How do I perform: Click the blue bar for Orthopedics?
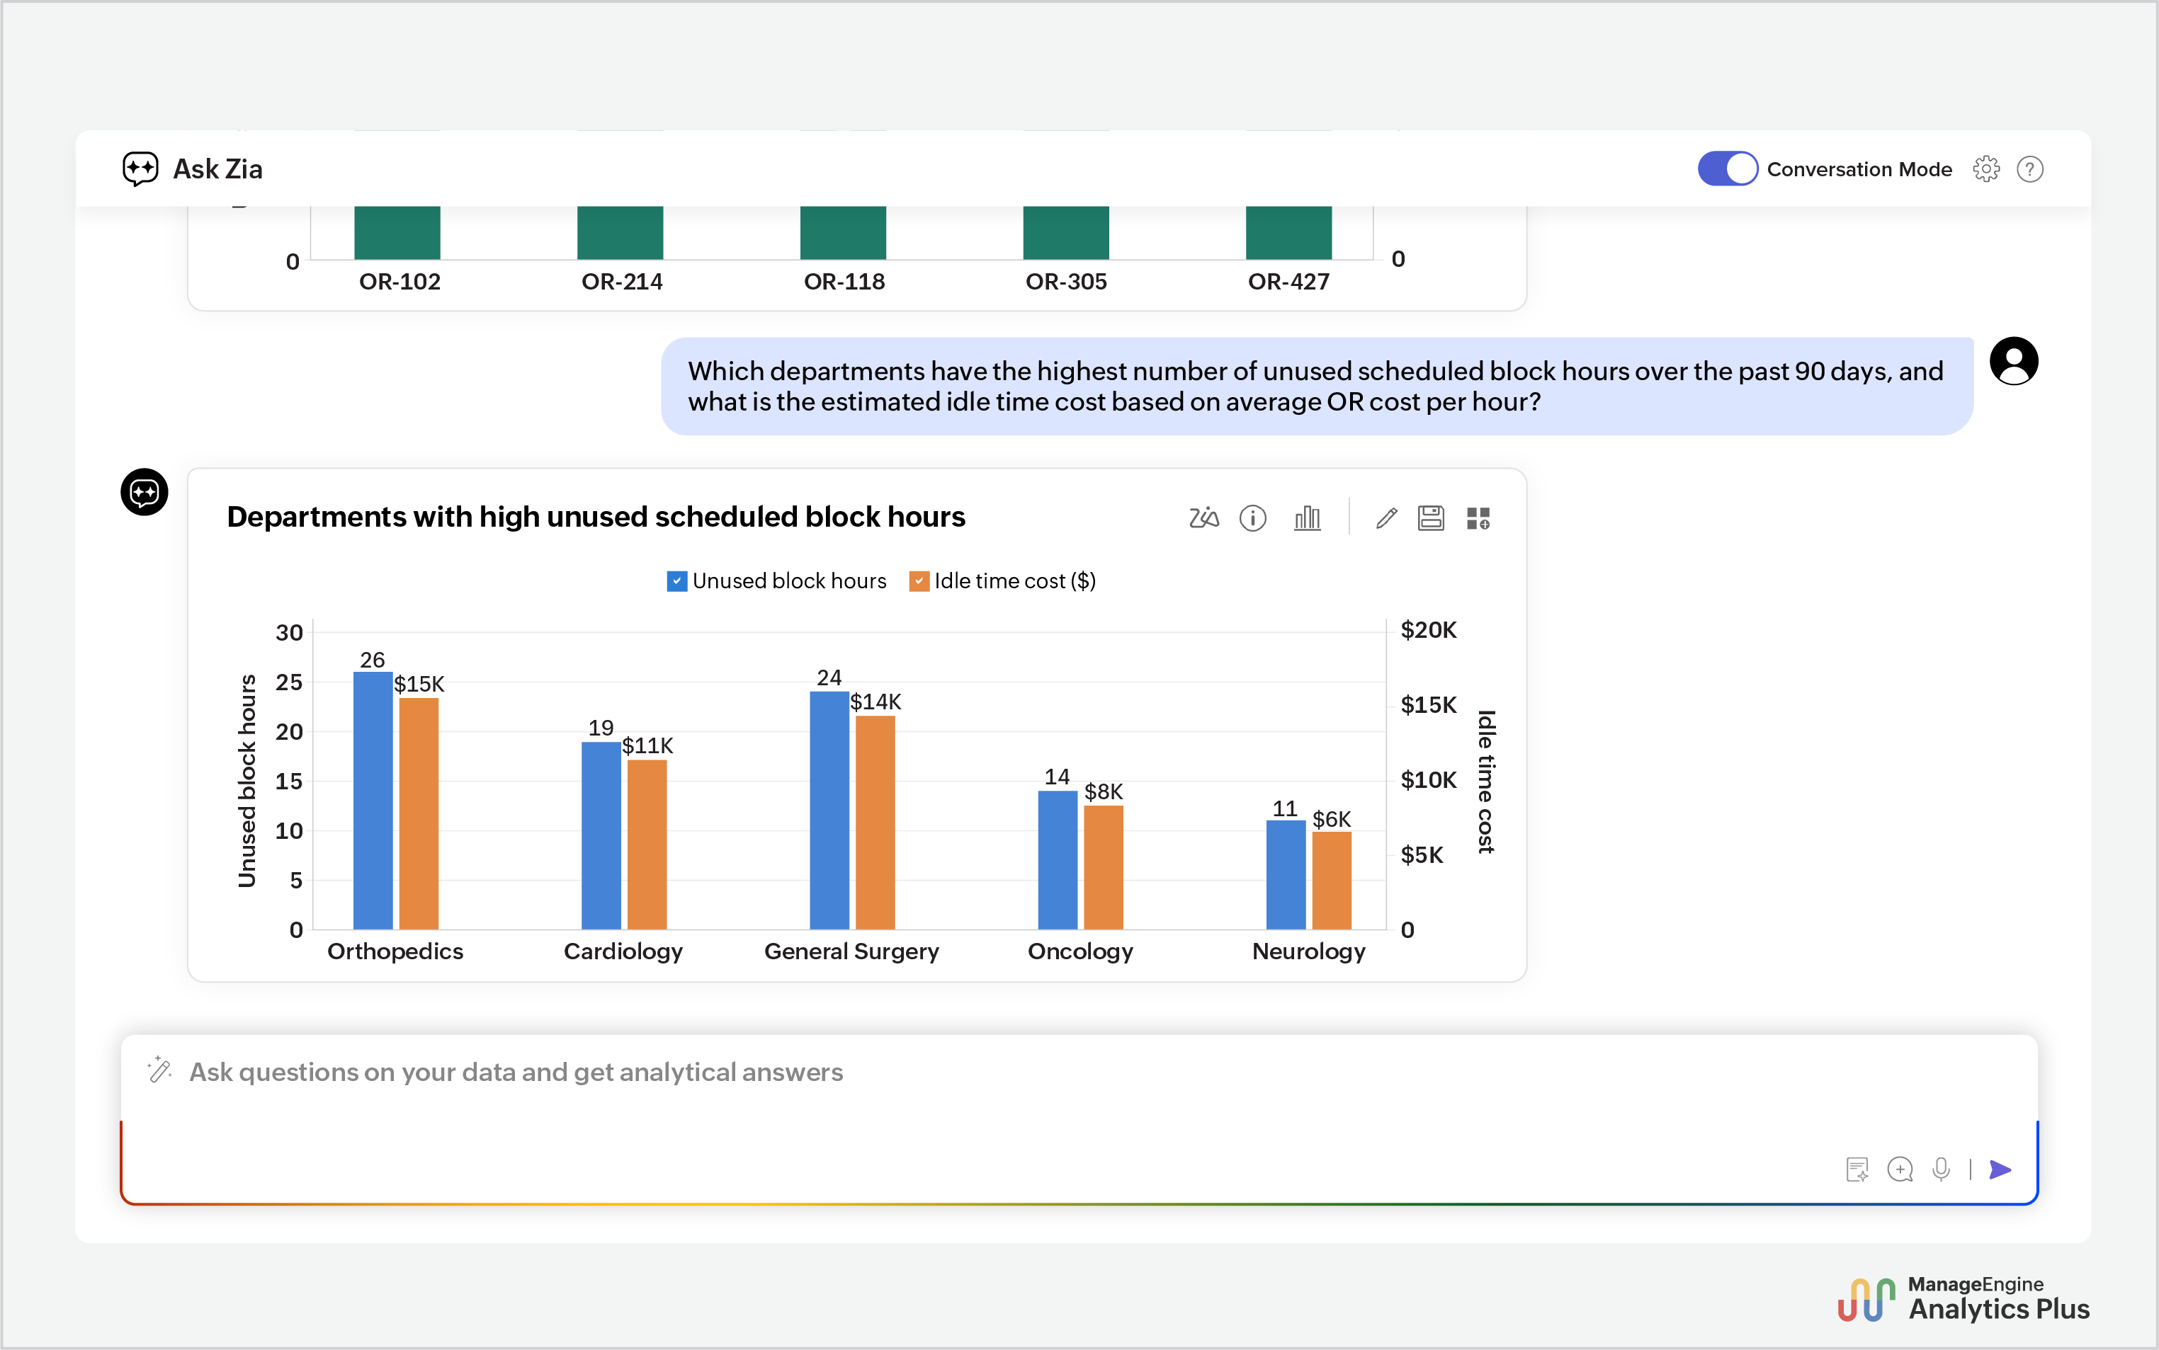click(373, 800)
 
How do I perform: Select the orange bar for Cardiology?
click(647, 845)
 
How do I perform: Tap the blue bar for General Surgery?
click(829, 811)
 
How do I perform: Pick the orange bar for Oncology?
click(1103, 867)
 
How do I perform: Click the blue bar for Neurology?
click(1286, 875)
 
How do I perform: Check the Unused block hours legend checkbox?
click(677, 581)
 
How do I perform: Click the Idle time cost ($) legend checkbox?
click(919, 581)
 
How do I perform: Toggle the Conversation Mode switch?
click(1728, 168)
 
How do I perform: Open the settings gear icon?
click(1985, 168)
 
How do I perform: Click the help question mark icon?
click(2030, 168)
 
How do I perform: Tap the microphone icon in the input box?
click(1941, 1169)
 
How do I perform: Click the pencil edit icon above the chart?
click(1386, 518)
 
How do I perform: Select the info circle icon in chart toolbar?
click(1253, 518)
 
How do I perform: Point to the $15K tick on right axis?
click(1428, 704)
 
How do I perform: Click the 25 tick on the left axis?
click(288, 682)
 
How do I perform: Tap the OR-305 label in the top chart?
click(1065, 281)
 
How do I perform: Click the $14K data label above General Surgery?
click(875, 702)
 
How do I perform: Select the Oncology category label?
click(1080, 951)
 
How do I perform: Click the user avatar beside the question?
click(2013, 362)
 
